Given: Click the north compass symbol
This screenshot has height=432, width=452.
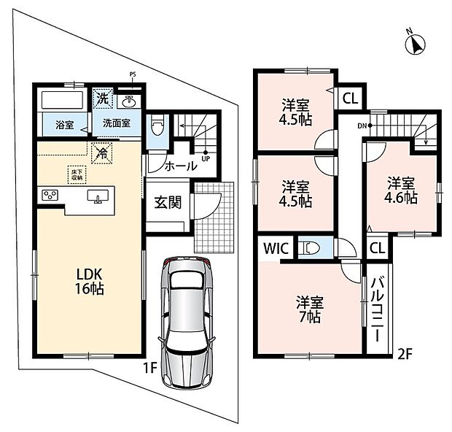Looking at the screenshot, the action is [x=416, y=45].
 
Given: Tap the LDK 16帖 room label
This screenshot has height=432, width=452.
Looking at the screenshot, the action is [x=90, y=282].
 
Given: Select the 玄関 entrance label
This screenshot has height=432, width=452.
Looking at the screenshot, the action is [x=168, y=202].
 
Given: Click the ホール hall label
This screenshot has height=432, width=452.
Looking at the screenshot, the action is [x=181, y=166].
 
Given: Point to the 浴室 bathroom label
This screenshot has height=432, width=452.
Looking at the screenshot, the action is [x=65, y=126].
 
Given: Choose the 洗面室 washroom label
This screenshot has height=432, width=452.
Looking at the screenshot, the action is [x=117, y=123].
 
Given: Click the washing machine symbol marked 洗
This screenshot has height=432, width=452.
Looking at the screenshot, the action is [x=103, y=99].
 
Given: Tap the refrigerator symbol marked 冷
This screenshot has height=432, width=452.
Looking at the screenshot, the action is [x=102, y=153].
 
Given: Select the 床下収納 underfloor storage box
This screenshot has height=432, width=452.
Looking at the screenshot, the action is [x=77, y=174].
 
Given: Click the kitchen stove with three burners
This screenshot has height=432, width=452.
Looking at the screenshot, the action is [x=50, y=195].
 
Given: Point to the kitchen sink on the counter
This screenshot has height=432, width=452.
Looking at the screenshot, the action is [x=98, y=196].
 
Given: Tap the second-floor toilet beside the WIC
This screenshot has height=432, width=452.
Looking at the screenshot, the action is [x=311, y=248].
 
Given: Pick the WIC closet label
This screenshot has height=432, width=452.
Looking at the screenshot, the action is [x=276, y=248].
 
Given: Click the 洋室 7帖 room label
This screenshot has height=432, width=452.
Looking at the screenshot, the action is [x=310, y=309].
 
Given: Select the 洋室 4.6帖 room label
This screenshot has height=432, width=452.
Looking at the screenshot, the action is [x=401, y=190].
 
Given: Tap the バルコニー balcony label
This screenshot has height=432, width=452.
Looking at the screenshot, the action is [x=377, y=309].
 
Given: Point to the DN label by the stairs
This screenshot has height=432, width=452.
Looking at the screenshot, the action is [x=362, y=126].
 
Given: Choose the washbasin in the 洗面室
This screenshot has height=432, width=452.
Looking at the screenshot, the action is [x=129, y=101].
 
